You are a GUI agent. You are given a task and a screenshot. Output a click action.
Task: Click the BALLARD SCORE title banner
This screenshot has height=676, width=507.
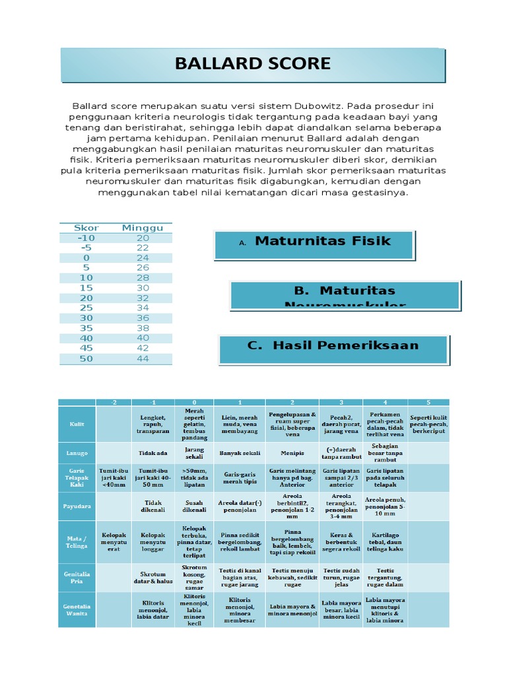(x=253, y=64)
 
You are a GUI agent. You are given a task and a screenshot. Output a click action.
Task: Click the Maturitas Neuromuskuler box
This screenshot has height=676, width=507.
(x=345, y=294)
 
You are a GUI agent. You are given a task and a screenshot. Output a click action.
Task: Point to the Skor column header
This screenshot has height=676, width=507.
(x=86, y=228)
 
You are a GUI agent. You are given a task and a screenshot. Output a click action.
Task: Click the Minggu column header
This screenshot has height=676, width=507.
(x=143, y=228)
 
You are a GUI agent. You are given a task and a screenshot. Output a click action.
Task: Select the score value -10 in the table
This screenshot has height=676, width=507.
(x=86, y=238)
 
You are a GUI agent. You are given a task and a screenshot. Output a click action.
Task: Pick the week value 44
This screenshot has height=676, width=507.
(x=143, y=359)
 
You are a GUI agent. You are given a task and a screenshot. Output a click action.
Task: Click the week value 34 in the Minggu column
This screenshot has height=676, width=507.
(x=143, y=308)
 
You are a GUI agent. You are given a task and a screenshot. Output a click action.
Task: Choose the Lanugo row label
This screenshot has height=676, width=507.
(x=77, y=453)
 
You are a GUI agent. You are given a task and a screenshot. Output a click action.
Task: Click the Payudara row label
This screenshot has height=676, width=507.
(x=77, y=506)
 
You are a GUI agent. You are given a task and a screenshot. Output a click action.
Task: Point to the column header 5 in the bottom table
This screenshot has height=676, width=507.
(x=428, y=402)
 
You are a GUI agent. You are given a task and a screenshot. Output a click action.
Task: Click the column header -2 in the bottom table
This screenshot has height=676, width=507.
(x=114, y=402)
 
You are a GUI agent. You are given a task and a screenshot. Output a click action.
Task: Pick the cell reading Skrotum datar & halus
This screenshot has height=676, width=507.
(x=152, y=578)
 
